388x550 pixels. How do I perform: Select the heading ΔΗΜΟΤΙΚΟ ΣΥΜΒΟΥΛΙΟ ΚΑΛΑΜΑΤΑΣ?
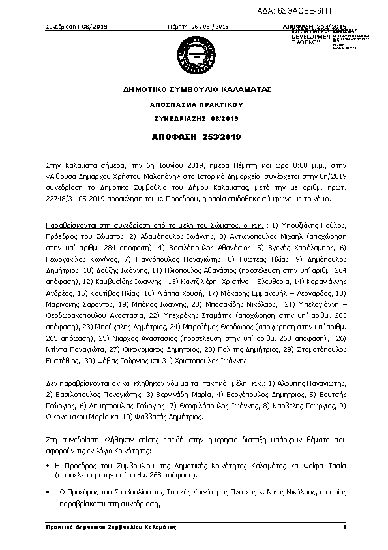(194, 89)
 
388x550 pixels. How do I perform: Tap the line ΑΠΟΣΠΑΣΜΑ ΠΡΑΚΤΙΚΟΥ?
(194, 104)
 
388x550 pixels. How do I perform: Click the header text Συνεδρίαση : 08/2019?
(72, 27)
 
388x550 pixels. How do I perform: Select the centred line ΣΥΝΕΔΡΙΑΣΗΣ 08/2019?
(194, 118)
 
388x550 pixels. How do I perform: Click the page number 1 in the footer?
(344, 526)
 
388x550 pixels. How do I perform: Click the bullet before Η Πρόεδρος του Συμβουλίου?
(48, 464)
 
